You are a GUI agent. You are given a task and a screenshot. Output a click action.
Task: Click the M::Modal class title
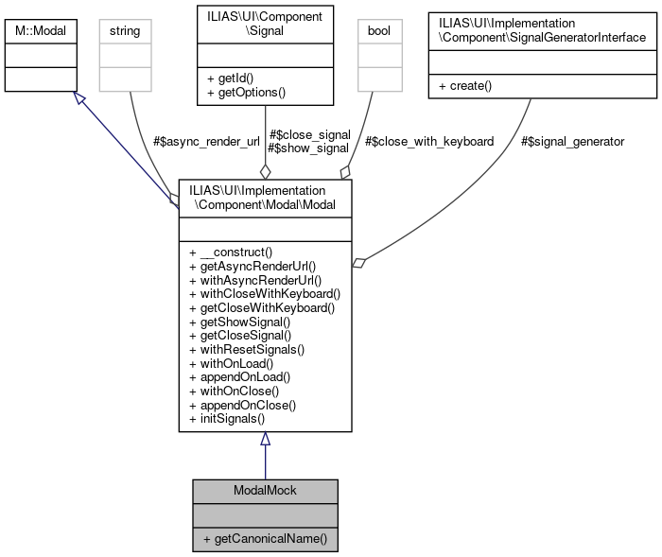click(41, 31)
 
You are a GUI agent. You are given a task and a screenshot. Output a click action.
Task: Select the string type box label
click(125, 31)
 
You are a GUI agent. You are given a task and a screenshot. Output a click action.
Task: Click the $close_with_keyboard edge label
click(428, 141)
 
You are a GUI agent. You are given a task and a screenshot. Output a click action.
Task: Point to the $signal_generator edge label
click(572, 141)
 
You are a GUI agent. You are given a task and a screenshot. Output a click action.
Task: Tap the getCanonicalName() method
click(264, 539)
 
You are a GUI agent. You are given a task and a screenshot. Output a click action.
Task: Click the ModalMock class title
click(265, 491)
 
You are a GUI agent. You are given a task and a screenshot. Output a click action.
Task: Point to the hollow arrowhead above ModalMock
click(265, 439)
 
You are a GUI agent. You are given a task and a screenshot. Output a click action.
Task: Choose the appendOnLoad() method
click(240, 376)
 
